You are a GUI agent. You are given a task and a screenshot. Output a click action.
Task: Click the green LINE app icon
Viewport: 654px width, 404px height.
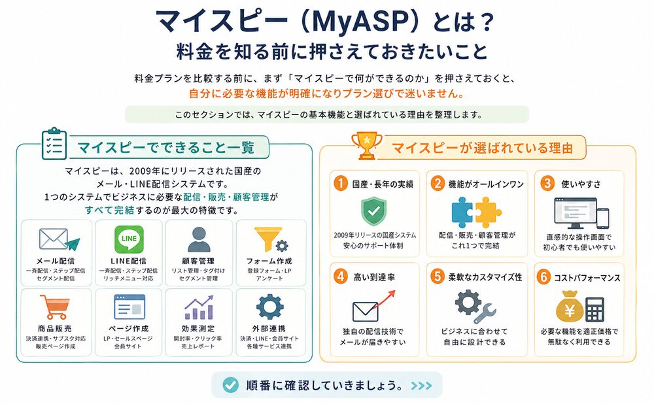[x=129, y=239]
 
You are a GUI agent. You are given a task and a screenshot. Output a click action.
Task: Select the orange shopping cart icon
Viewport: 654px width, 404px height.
[x=55, y=306]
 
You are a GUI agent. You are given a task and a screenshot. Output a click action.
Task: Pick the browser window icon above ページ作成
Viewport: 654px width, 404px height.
[x=128, y=307]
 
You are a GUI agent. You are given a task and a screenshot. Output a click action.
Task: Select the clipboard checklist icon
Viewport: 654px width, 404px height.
[x=54, y=144]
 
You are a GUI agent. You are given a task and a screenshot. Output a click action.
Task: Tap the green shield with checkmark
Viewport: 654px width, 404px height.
[x=373, y=212]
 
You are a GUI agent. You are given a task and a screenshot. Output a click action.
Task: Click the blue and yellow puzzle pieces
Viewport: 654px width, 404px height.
[x=476, y=211]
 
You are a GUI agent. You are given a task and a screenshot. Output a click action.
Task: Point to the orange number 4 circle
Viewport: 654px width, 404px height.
[x=339, y=277]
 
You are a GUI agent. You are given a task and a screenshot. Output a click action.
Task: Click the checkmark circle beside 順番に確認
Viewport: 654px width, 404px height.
[x=230, y=384]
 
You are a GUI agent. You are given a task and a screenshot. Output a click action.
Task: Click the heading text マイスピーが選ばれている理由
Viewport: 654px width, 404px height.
[x=482, y=147]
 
